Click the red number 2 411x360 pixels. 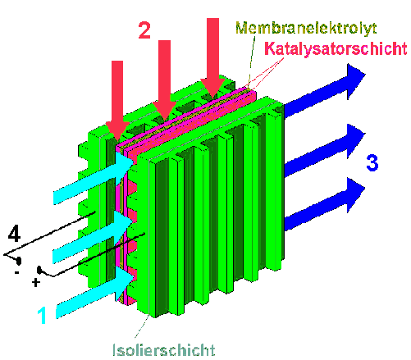[x=144, y=30]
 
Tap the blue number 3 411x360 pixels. [x=372, y=162]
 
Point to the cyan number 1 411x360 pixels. [x=42, y=315]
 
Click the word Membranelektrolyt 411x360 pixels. [x=306, y=28]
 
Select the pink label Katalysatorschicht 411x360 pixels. [x=336, y=48]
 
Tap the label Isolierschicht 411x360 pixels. [x=164, y=350]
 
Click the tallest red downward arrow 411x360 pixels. [x=212, y=58]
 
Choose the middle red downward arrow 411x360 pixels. [x=164, y=80]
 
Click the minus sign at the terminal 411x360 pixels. [x=17, y=272]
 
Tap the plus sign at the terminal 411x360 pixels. [x=35, y=282]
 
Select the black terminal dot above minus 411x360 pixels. [x=19, y=261]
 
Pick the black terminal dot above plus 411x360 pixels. [x=39, y=270]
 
